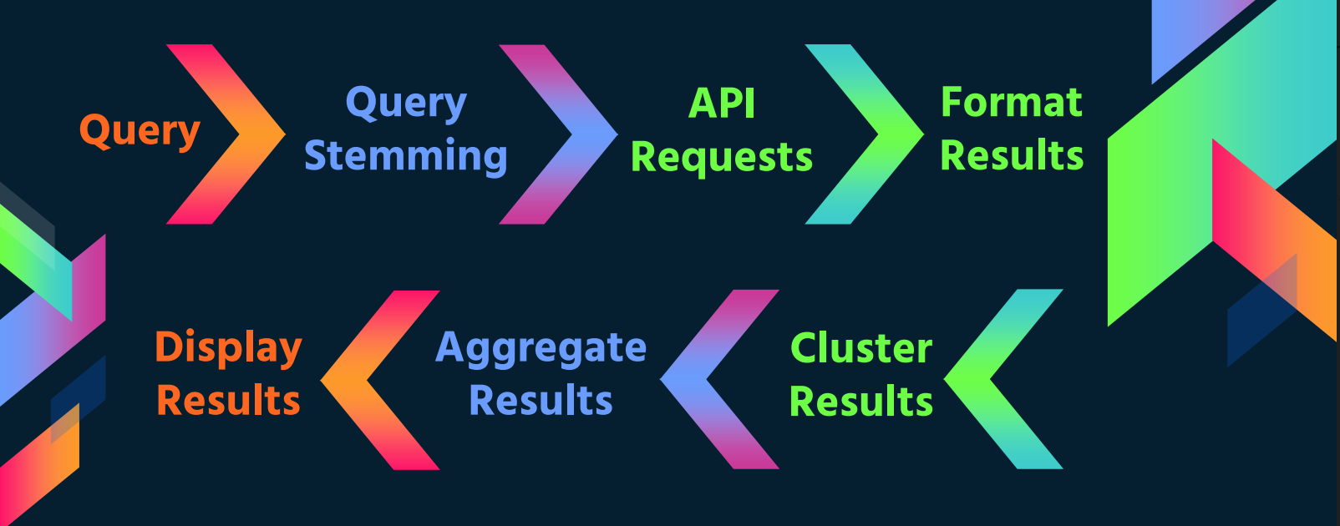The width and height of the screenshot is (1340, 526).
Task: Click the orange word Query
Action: (x=140, y=131)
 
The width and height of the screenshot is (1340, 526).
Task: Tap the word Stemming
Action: (x=405, y=156)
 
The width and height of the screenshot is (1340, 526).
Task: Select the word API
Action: (x=722, y=104)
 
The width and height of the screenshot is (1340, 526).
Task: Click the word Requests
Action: (x=721, y=157)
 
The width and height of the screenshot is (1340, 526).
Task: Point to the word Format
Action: (x=1011, y=103)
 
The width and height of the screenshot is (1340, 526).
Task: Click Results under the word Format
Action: (x=1011, y=155)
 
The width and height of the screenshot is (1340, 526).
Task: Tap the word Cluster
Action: (x=860, y=348)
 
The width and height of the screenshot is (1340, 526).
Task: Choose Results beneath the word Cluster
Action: (x=860, y=402)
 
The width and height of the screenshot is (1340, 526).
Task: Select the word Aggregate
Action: (x=541, y=348)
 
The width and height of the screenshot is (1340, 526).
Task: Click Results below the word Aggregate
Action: (x=541, y=401)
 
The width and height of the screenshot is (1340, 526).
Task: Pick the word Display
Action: (x=228, y=347)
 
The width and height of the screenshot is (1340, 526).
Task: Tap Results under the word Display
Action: (x=228, y=401)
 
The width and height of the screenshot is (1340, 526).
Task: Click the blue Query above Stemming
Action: (x=406, y=104)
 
